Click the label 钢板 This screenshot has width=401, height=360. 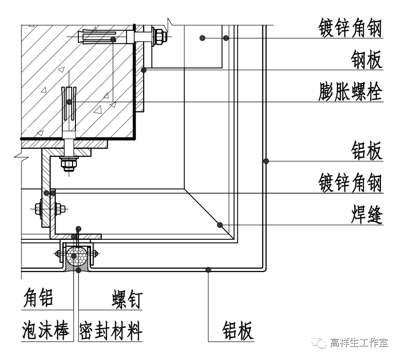coord(366,60)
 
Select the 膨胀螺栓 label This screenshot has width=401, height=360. coord(350,90)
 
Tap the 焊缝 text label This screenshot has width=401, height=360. coord(366,215)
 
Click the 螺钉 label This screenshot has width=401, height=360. coord(126,298)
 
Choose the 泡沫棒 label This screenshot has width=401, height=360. coord(44,330)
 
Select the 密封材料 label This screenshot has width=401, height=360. coord(110,330)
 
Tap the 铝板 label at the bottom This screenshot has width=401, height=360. coord(238,330)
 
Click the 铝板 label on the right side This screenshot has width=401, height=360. coord(366,151)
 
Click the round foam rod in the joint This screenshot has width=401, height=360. coord(78,256)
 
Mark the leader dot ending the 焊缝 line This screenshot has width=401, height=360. coord(220,225)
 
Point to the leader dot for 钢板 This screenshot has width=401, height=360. coord(144,70)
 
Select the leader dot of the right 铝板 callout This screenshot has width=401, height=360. coord(266,161)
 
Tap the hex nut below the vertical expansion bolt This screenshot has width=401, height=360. coord(69,164)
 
